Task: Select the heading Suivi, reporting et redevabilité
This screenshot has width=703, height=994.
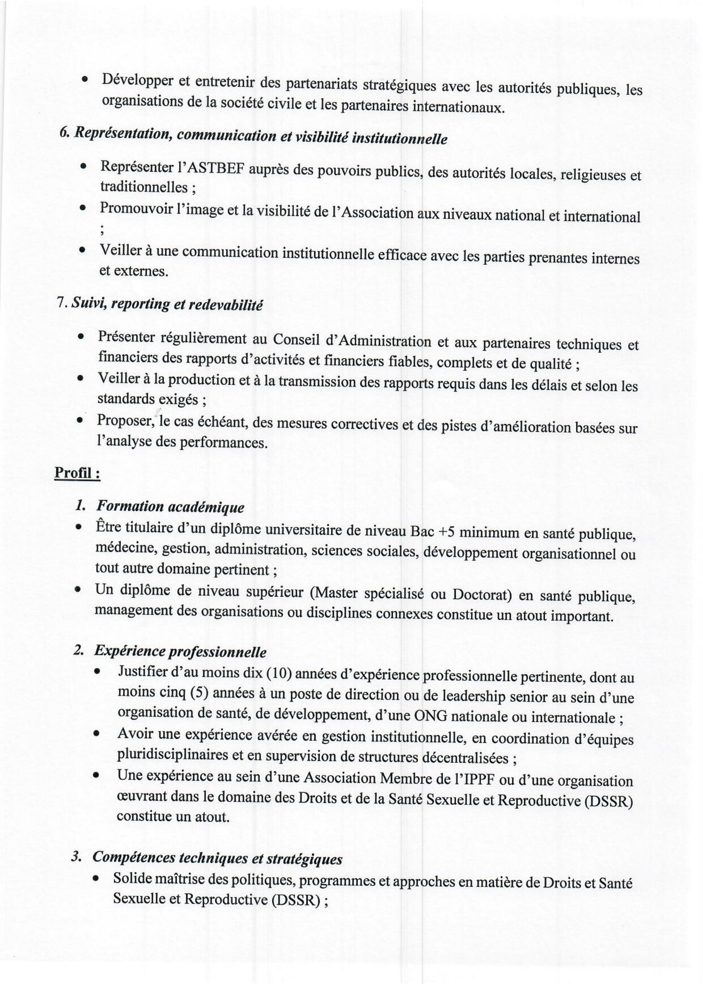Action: pos(167,304)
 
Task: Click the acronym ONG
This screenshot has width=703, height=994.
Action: pos(431,716)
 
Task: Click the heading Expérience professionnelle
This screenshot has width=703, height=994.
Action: pos(180,651)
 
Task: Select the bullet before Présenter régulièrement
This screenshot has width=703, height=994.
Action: pos(80,337)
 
